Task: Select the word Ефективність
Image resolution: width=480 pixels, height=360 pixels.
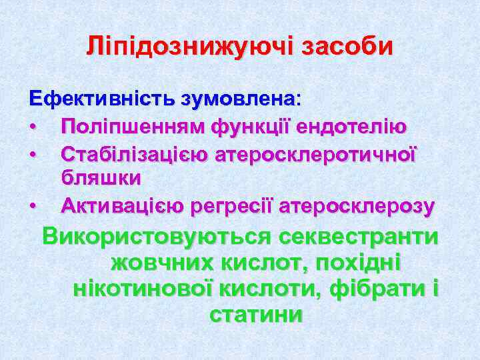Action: click(x=99, y=99)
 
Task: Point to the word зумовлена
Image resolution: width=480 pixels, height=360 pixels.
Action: click(x=239, y=99)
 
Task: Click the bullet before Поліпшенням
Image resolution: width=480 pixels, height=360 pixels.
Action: click(x=32, y=127)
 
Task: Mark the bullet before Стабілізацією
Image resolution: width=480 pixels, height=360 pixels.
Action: click(x=32, y=155)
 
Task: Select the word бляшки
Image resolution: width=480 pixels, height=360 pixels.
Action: click(x=101, y=179)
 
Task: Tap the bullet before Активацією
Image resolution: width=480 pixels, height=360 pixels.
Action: click(x=32, y=207)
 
